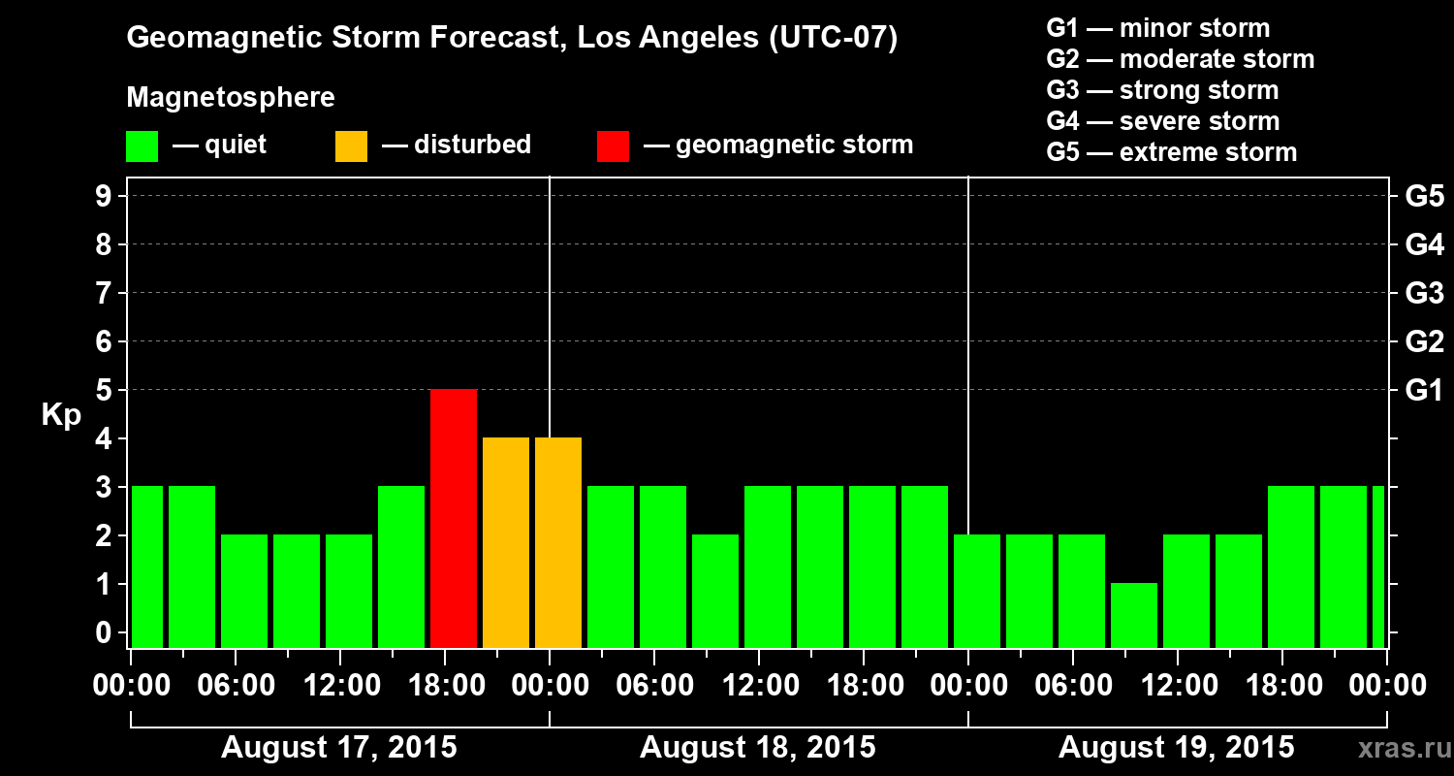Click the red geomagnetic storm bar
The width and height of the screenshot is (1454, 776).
454,518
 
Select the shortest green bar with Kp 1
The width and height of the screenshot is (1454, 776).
1134,615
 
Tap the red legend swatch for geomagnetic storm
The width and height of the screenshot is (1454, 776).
613,145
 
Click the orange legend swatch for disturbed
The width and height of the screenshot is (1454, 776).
351,145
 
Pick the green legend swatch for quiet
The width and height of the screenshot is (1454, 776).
142,145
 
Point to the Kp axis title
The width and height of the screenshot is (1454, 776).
60,414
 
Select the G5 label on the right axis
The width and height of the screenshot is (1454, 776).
1424,196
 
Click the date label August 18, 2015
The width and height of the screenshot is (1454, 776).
757,748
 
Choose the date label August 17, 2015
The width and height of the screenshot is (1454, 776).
338,748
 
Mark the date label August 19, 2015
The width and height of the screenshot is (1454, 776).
1176,748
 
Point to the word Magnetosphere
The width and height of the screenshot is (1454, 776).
231,98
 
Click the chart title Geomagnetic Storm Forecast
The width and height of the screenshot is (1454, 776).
512,39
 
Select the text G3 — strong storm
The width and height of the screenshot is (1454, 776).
1162,90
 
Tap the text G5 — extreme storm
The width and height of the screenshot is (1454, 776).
1171,152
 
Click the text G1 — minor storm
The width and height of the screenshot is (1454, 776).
1158,28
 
